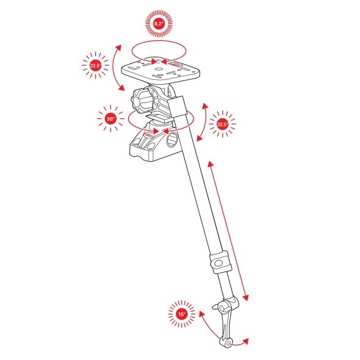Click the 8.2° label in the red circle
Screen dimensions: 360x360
point(159,24)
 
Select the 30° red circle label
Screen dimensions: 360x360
point(110,119)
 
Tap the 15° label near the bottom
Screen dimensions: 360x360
point(182,314)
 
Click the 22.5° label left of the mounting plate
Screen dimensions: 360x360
point(95,66)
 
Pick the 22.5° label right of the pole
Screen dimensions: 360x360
point(222,124)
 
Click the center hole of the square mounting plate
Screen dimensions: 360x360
point(158,69)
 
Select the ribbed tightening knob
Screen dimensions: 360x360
point(140,101)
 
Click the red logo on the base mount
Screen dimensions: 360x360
point(149,135)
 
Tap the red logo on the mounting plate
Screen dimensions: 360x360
point(176,63)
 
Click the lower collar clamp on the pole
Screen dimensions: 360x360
point(220,262)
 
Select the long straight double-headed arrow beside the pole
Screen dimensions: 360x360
point(228,231)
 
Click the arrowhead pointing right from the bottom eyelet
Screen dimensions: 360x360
point(246,341)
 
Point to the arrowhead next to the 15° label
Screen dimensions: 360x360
point(201,314)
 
